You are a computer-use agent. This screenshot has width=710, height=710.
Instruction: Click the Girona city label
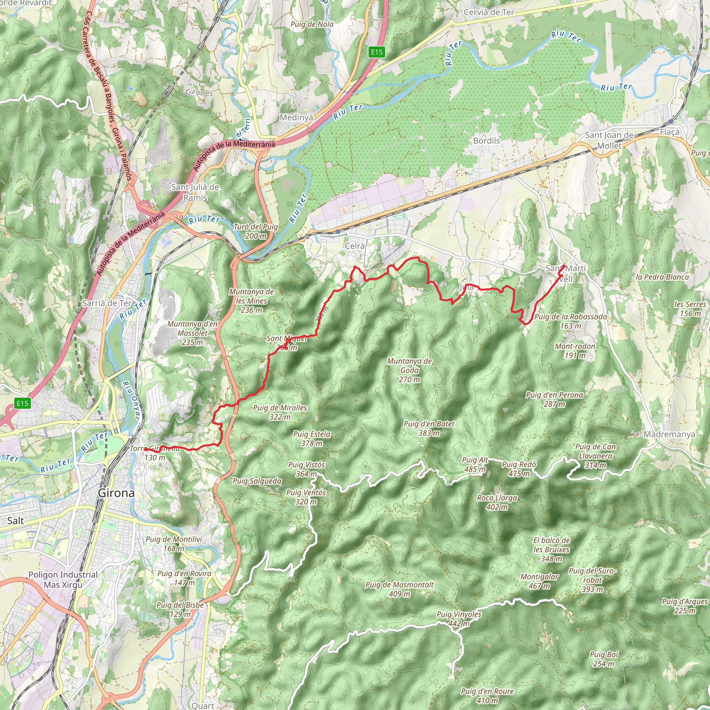pyautogui.click(x=116, y=493)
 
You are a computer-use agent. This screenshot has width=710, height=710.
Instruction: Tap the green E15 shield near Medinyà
pyautogui.click(x=377, y=52)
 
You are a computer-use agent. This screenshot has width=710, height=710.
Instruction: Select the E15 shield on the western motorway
pyautogui.click(x=23, y=404)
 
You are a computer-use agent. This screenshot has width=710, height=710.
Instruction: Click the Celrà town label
pyautogui.click(x=355, y=246)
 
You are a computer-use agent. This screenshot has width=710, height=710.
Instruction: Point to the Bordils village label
pyautogui.click(x=486, y=141)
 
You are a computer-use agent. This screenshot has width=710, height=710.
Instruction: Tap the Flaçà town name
pyautogui.click(x=669, y=132)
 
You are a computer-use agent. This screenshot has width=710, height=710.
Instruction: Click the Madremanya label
pyautogui.click(x=669, y=434)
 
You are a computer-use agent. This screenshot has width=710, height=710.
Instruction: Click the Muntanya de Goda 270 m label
pyautogui.click(x=409, y=370)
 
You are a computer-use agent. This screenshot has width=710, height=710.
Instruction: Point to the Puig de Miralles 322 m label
pyautogui.click(x=280, y=412)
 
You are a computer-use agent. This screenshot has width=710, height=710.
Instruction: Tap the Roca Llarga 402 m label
pyautogui.click(x=497, y=502)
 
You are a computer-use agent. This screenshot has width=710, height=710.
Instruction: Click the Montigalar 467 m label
pyautogui.click(x=539, y=581)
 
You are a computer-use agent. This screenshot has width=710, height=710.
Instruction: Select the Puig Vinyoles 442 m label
pyautogui.click(x=459, y=619)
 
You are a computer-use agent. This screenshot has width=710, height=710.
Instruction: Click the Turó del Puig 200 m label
pyautogui.click(x=256, y=231)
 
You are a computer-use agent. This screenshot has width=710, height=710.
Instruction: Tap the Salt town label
pyautogui.click(x=16, y=520)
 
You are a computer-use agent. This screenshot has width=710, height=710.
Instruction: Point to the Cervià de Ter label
pyautogui.click(x=489, y=12)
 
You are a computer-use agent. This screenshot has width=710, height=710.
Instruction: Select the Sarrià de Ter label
pyautogui.click(x=106, y=303)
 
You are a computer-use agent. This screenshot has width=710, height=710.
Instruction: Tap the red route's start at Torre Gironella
pyautogui.click(x=146, y=449)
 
